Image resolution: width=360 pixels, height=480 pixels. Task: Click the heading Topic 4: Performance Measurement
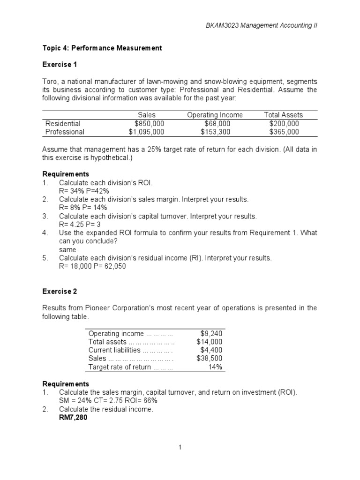tap(102, 48)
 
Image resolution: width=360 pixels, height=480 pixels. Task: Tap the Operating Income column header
tap(215, 115)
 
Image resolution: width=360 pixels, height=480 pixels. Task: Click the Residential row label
tap(63, 123)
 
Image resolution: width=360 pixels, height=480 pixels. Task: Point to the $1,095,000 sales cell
tap(147, 132)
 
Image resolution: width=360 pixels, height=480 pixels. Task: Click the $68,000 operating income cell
tap(215, 123)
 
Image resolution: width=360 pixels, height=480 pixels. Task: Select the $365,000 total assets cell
tap(284, 132)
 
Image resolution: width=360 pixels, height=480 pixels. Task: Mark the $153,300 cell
tap(215, 132)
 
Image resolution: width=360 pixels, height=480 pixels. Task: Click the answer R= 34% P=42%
tap(84, 191)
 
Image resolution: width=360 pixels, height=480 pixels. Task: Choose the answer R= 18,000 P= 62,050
tap(92, 266)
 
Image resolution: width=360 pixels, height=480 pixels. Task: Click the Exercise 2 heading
tap(60, 291)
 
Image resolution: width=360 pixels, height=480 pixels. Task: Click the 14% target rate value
tap(215, 367)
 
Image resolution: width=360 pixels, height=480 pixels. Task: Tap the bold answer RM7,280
tap(73, 418)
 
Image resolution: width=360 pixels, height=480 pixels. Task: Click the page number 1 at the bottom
tap(180, 448)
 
